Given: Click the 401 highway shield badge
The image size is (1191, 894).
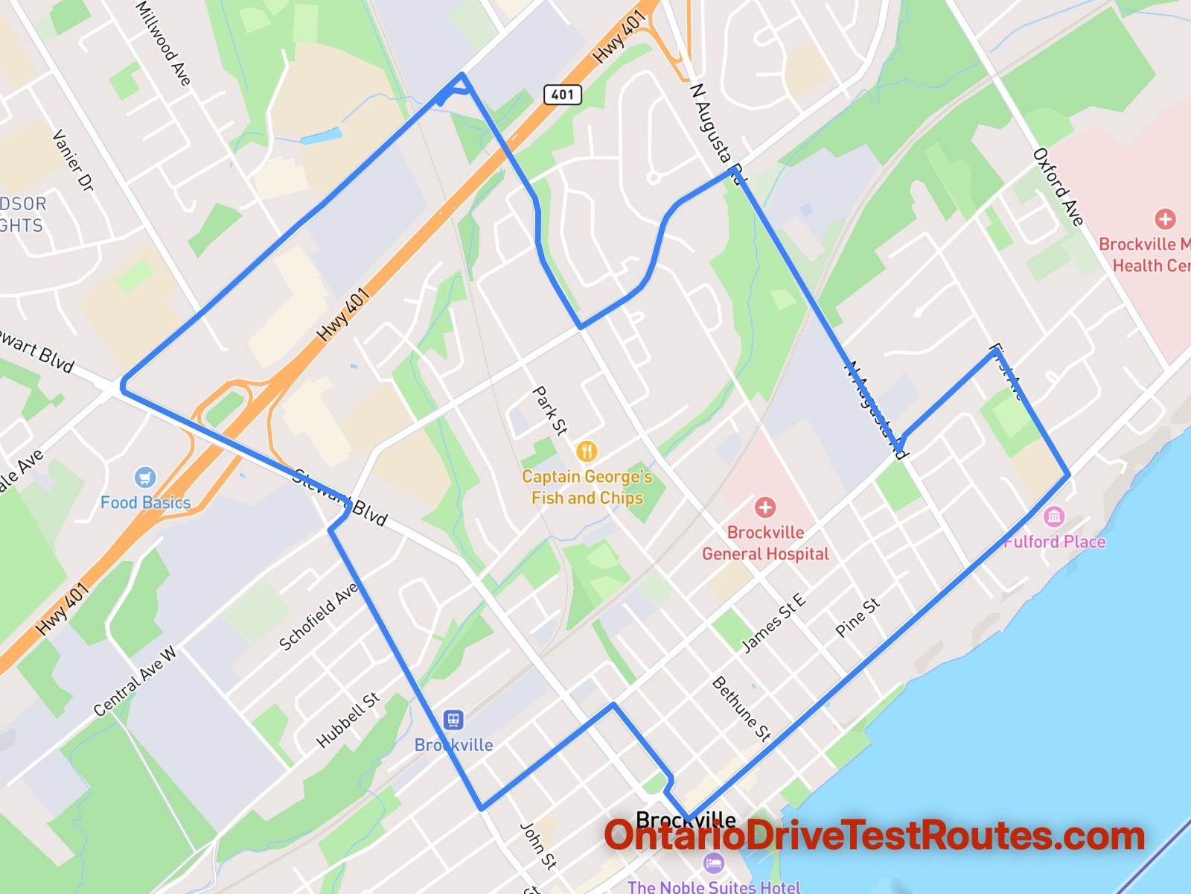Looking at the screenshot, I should (x=562, y=94).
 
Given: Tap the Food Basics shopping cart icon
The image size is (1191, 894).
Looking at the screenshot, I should (x=145, y=478).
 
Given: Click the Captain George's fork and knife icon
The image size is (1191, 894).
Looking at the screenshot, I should (x=587, y=451).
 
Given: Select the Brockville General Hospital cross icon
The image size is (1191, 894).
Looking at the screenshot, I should (x=764, y=508).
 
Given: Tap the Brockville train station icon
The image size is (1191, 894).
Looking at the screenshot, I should (x=453, y=720).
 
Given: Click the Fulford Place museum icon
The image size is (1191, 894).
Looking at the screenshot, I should (x=1053, y=516).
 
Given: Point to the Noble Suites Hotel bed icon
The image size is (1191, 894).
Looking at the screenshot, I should (x=713, y=864).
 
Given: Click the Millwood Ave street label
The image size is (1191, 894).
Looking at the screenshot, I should (x=164, y=42).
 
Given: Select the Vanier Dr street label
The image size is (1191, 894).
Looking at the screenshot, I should (x=73, y=161).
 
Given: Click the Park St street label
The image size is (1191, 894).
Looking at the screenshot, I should (x=550, y=410).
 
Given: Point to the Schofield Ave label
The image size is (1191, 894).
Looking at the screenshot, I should (x=319, y=616).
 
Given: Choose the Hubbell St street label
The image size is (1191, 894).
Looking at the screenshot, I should (x=348, y=720).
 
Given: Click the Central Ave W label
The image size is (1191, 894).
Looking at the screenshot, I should (x=135, y=682).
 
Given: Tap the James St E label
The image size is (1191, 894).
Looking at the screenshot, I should (x=773, y=623).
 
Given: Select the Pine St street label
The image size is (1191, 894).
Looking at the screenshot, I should (x=858, y=618).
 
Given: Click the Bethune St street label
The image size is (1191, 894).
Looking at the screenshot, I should (x=741, y=708).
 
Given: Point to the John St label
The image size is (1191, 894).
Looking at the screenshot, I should (x=537, y=846).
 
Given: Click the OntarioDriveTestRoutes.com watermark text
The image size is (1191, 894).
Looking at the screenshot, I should (x=874, y=836).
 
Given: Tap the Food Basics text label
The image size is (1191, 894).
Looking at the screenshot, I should (x=146, y=503).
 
